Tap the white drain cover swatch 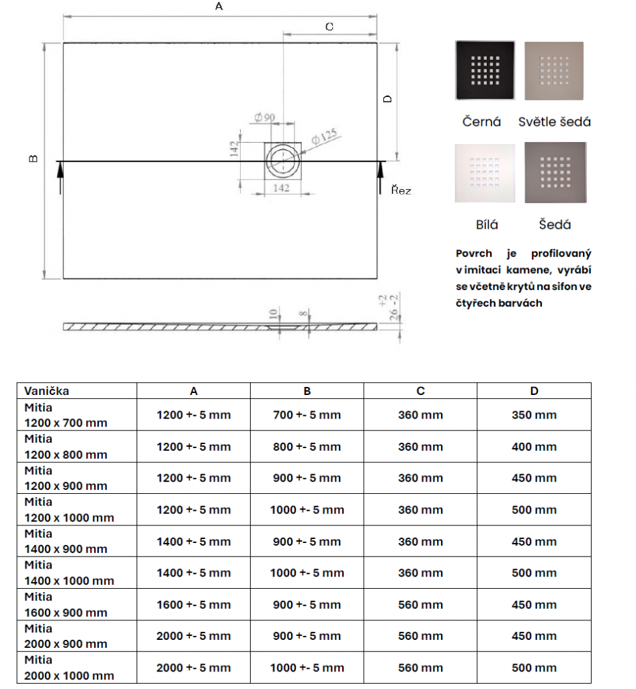point(485,173)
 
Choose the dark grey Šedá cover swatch point(555,172)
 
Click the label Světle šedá point(555,122)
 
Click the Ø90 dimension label point(265,118)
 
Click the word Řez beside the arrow point(401,190)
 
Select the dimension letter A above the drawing point(218,7)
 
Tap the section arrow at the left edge point(60,176)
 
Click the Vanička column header point(47,391)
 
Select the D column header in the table point(534,391)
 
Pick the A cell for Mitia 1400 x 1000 point(194,573)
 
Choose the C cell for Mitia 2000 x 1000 point(420,667)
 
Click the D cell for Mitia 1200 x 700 point(534,415)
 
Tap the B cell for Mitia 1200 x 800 point(307,447)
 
